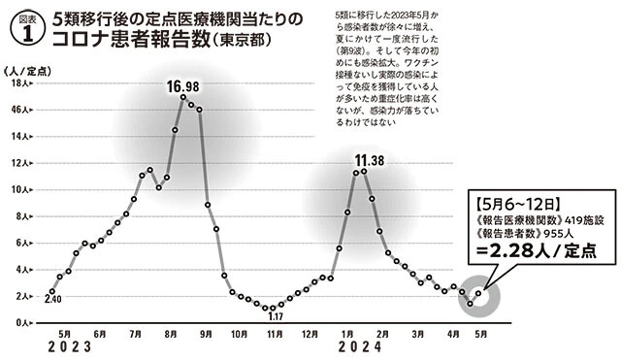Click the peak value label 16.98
(x=182, y=87)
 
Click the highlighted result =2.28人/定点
(x=537, y=277)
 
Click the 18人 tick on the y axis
(x=17, y=84)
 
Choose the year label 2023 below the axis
(x=62, y=347)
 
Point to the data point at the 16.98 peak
(x=182, y=98)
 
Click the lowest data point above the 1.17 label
(x=268, y=308)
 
